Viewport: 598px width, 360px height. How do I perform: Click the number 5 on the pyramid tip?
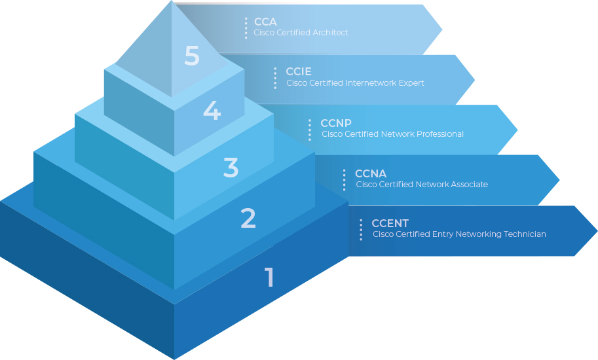coord(192,56)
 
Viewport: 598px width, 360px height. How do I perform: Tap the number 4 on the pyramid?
coord(212,110)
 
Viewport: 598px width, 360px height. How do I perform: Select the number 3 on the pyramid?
coord(231,168)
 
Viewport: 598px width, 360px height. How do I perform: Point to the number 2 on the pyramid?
coord(248,218)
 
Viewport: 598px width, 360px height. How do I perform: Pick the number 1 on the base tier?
coord(269,278)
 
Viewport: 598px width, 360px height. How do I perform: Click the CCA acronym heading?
coord(265,22)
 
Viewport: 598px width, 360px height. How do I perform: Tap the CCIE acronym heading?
coord(299,72)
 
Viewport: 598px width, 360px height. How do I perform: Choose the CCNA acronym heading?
coord(371,173)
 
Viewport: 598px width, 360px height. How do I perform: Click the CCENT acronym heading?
coord(390,224)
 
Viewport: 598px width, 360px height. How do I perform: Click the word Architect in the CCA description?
coord(331,33)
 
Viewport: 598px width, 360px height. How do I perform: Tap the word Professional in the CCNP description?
coord(440,134)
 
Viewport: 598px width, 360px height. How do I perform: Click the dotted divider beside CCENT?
coord(361,230)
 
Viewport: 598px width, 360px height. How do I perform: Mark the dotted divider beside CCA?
coord(246,28)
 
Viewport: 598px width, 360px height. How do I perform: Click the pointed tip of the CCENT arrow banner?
coord(595,231)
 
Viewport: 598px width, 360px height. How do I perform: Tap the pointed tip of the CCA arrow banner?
coord(441,29)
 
